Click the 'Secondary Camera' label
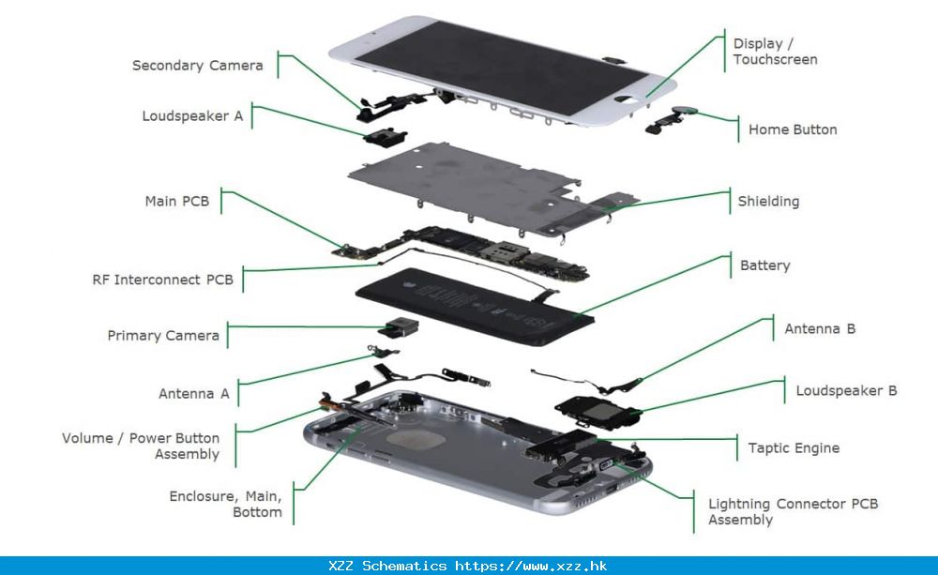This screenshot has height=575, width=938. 197,66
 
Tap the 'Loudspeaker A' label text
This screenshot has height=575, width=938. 192,116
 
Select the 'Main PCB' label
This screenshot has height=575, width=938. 176,201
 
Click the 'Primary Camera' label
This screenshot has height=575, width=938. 163,335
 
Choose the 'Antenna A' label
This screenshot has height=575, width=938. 193,394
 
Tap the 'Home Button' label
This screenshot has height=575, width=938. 793,129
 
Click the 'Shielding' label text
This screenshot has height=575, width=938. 768,201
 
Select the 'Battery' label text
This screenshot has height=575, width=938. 764,265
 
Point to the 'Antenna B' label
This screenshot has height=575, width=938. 820,329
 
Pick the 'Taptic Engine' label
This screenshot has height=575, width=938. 794,448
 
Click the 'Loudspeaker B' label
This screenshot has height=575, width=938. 846,390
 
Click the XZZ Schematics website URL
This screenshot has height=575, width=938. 530,567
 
